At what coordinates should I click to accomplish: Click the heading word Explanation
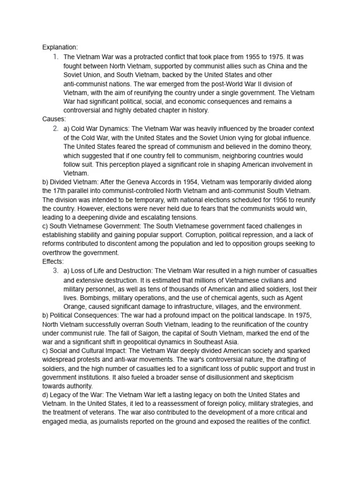click(60, 47)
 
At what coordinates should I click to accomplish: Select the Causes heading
click(54, 119)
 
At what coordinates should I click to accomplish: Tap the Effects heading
click(53, 262)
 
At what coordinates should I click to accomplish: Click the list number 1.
click(55, 57)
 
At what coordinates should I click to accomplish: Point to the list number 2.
click(55, 128)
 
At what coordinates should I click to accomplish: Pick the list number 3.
click(55, 271)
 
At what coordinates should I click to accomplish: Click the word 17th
click(62, 191)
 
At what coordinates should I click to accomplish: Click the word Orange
click(75, 307)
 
